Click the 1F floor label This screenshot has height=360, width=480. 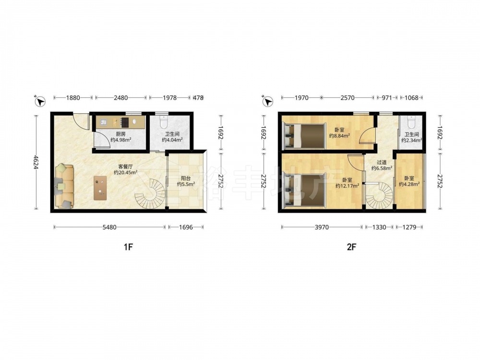[128, 247]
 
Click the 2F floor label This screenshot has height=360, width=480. [352, 247]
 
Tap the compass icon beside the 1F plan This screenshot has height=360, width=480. [40, 101]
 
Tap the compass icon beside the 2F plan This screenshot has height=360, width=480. [267, 101]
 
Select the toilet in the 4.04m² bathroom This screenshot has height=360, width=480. [164, 121]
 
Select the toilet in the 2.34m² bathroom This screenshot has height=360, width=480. [411, 121]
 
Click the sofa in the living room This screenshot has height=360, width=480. [64, 186]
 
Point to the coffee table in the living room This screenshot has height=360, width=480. [100, 188]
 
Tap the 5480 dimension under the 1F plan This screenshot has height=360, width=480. [109, 228]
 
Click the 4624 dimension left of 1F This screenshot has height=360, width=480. [36, 163]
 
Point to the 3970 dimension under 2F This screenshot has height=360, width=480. [322, 228]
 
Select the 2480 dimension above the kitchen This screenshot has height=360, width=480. [120, 98]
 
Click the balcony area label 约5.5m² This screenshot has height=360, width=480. [186, 184]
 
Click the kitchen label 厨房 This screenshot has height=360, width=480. [120, 134]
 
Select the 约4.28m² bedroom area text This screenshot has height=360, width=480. [409, 184]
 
